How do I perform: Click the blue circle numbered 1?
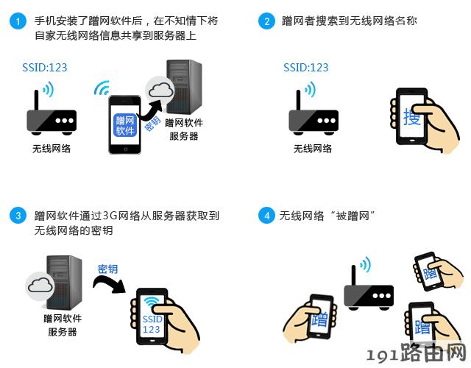[18, 21]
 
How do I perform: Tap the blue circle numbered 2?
[266, 21]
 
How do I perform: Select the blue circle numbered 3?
[18, 216]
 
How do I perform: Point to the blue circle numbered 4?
[266, 216]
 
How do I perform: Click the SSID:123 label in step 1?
[45, 67]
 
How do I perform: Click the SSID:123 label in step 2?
[306, 67]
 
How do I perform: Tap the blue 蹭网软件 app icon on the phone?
[125, 125]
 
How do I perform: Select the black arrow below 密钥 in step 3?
[109, 283]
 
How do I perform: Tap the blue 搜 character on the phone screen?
[411, 116]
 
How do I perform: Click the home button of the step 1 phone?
[125, 149]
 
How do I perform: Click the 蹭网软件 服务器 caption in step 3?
[63, 325]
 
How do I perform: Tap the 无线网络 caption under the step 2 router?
[313, 149]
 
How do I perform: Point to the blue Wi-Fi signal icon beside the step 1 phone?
[102, 88]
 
